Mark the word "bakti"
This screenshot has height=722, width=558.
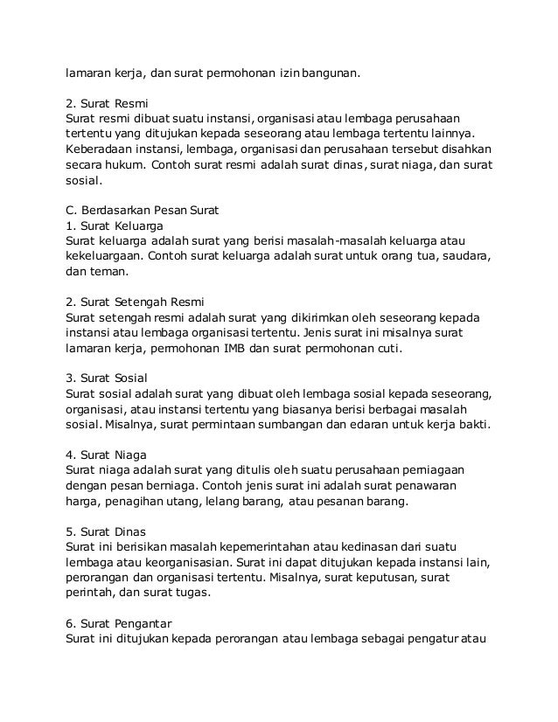click(474, 427)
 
